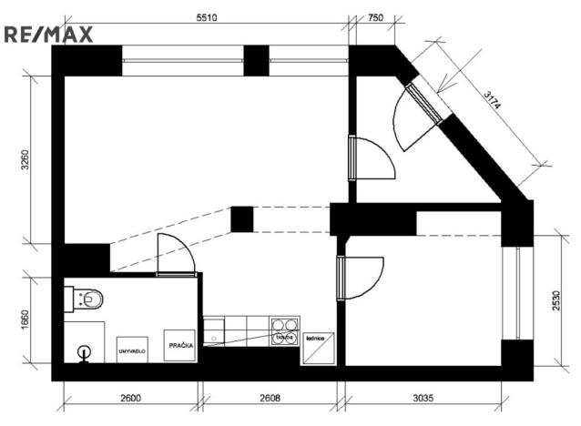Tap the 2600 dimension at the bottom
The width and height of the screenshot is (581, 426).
point(130,398)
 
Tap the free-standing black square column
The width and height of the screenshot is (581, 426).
point(241,219)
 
